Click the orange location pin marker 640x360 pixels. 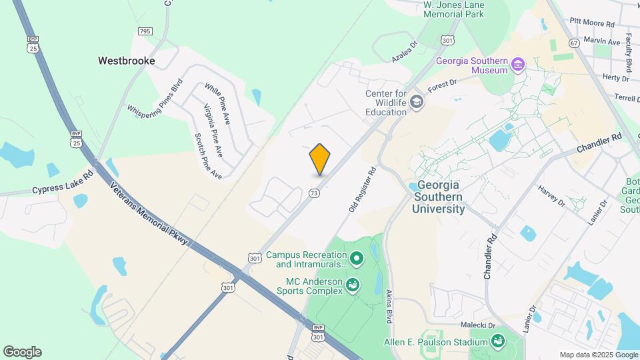coord(320,159)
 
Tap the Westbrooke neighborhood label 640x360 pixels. coord(127,61)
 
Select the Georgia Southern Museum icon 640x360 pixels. coord(519,65)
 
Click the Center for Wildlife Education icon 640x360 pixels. coord(417,101)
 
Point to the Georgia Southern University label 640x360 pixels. coord(439,197)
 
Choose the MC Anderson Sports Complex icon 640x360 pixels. coord(353,286)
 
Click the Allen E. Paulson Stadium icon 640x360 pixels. coord(497,342)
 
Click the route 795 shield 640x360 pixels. coord(145,31)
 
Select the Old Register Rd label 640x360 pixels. coord(363,190)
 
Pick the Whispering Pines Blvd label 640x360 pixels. coord(155,99)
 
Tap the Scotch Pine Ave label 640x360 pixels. coord(208,156)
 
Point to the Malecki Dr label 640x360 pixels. coord(477,325)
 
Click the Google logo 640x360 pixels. coord(22,352)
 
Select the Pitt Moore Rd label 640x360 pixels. coord(592,23)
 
